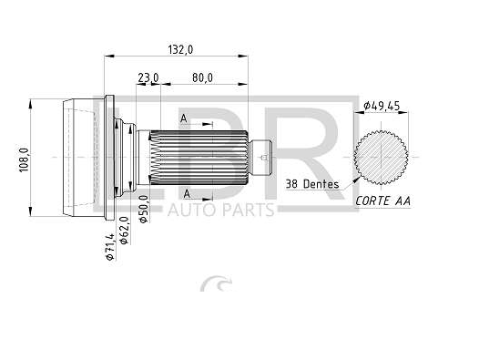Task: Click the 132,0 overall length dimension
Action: [x=180, y=49]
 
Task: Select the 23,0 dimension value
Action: [x=148, y=77]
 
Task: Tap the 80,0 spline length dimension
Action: [x=202, y=77]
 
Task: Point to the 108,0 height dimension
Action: [x=24, y=159]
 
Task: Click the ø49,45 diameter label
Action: [x=382, y=106]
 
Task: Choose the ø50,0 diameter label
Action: [x=143, y=209]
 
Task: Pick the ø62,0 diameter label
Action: [x=124, y=230]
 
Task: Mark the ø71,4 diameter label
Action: [x=109, y=247]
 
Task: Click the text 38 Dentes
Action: [x=312, y=184]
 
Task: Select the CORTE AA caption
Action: [x=382, y=201]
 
